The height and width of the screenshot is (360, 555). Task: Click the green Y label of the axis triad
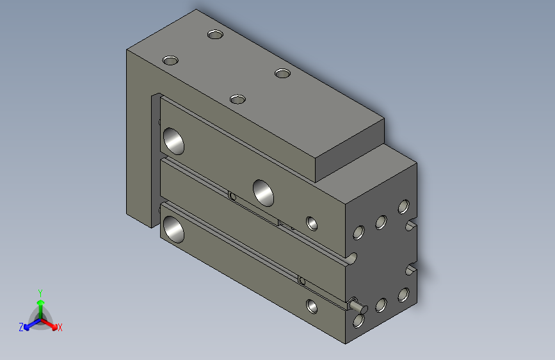(x=40, y=292)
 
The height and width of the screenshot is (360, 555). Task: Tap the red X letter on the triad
(x=60, y=328)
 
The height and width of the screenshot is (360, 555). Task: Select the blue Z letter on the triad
(x=21, y=327)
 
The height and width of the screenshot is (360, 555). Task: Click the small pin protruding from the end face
(x=355, y=306)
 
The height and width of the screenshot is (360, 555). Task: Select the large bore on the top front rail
(x=173, y=140)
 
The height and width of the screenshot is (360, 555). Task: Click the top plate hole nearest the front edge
(x=238, y=99)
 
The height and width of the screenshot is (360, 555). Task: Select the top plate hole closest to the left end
(x=170, y=60)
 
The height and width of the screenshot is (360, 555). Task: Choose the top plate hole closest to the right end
(x=283, y=73)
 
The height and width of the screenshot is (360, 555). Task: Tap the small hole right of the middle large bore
(x=312, y=223)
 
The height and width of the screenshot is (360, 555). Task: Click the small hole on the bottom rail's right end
(x=312, y=306)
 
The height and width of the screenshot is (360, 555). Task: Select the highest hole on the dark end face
(x=403, y=206)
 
